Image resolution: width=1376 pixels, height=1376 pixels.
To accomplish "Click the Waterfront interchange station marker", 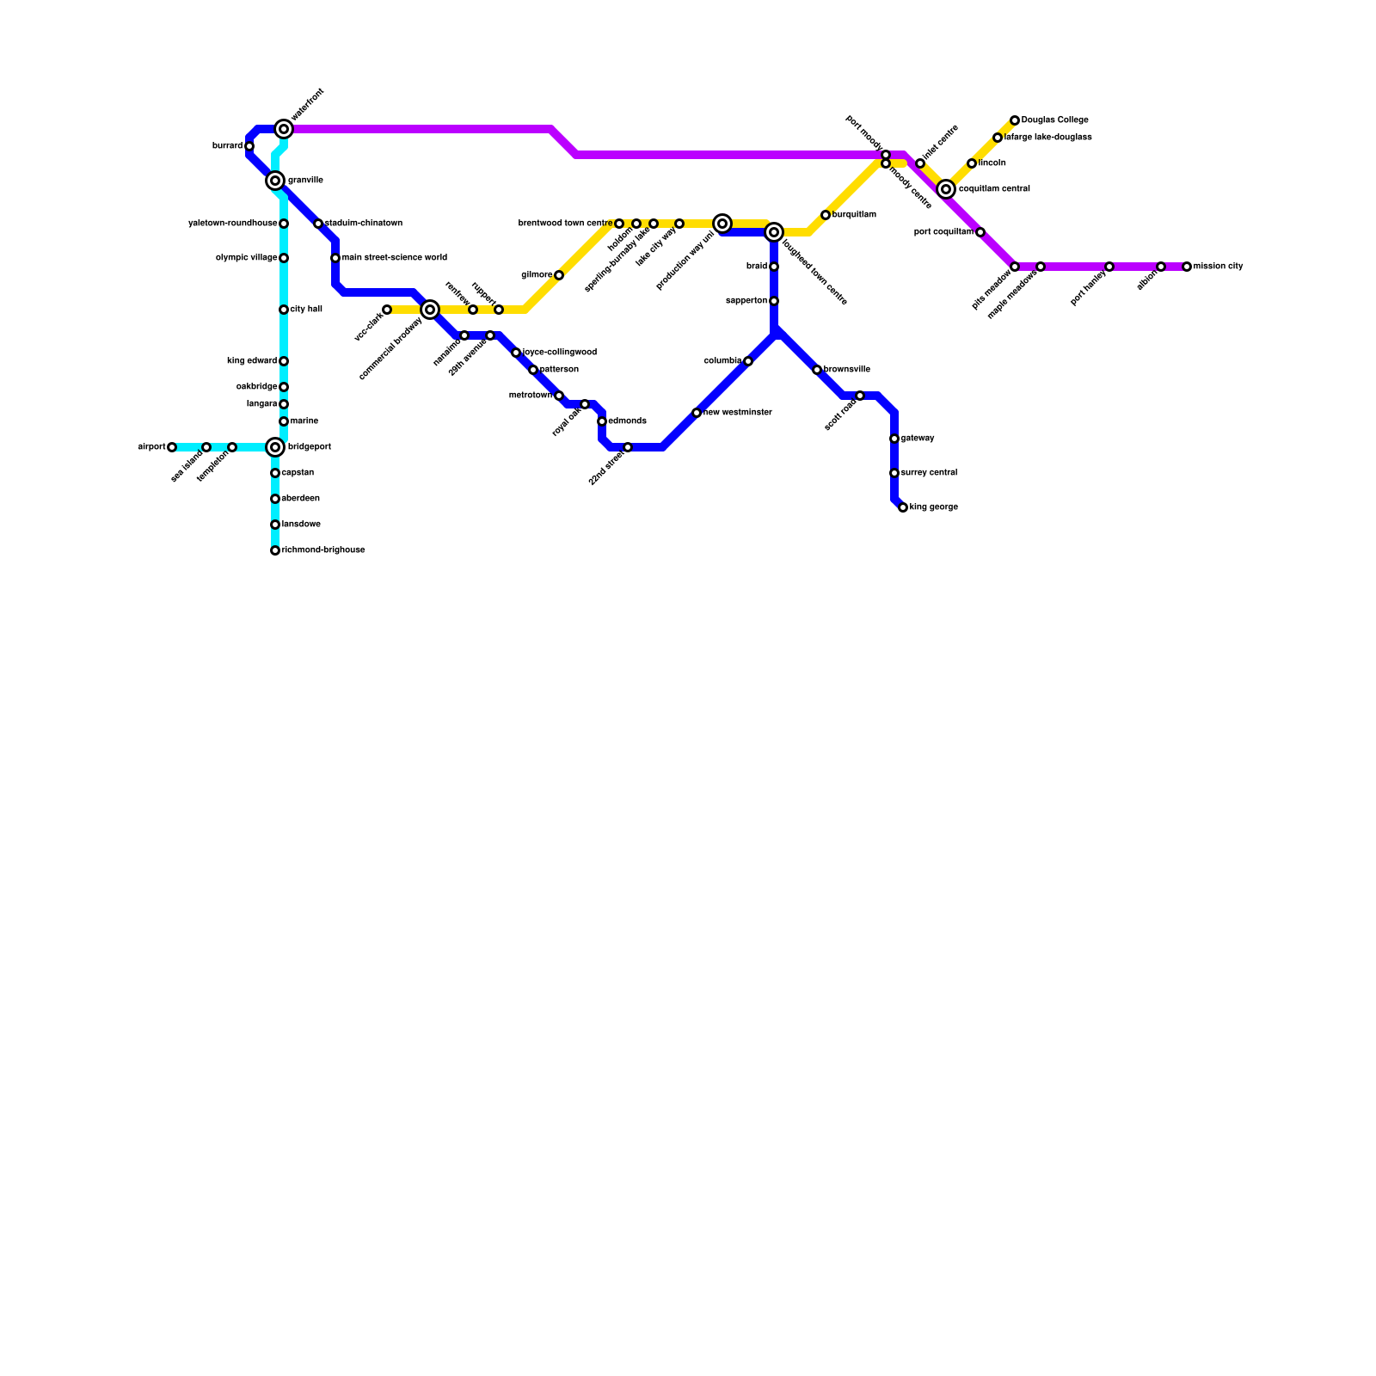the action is coord(284,129).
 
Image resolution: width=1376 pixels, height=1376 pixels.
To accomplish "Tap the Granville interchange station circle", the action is coord(275,181).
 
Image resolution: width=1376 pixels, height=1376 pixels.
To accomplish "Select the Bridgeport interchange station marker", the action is coord(275,447).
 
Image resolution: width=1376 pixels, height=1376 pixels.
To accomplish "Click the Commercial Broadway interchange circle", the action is coord(430,310).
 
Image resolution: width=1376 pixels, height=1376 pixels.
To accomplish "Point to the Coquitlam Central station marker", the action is coord(946,189).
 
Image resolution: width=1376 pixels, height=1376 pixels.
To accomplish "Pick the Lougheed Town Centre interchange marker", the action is coord(774,232).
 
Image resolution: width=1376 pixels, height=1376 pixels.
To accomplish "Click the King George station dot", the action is coord(903,507).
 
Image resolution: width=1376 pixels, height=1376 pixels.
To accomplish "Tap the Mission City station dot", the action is coord(1187,267).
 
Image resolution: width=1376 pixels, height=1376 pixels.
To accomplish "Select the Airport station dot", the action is coord(172,447).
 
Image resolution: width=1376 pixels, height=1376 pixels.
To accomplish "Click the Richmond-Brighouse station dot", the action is coord(275,550).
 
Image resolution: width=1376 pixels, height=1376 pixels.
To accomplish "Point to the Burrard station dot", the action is coord(249,146).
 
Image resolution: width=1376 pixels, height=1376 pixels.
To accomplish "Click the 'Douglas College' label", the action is coord(1055,120).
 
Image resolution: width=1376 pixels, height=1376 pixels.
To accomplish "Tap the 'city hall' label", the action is coord(306,310).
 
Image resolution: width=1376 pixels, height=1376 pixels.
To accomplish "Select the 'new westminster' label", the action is coord(738,413).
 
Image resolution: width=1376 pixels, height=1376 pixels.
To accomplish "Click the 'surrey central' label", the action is coord(929,473).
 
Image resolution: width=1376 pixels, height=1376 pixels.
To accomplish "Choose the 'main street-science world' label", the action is coord(395,258).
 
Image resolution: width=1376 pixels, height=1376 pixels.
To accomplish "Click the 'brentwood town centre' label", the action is coord(565,224).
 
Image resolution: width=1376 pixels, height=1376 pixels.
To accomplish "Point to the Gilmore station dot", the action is coord(559,275).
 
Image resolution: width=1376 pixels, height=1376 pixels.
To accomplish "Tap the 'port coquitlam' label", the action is coord(943,232).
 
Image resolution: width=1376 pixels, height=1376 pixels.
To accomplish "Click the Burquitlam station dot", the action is coord(826,215).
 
